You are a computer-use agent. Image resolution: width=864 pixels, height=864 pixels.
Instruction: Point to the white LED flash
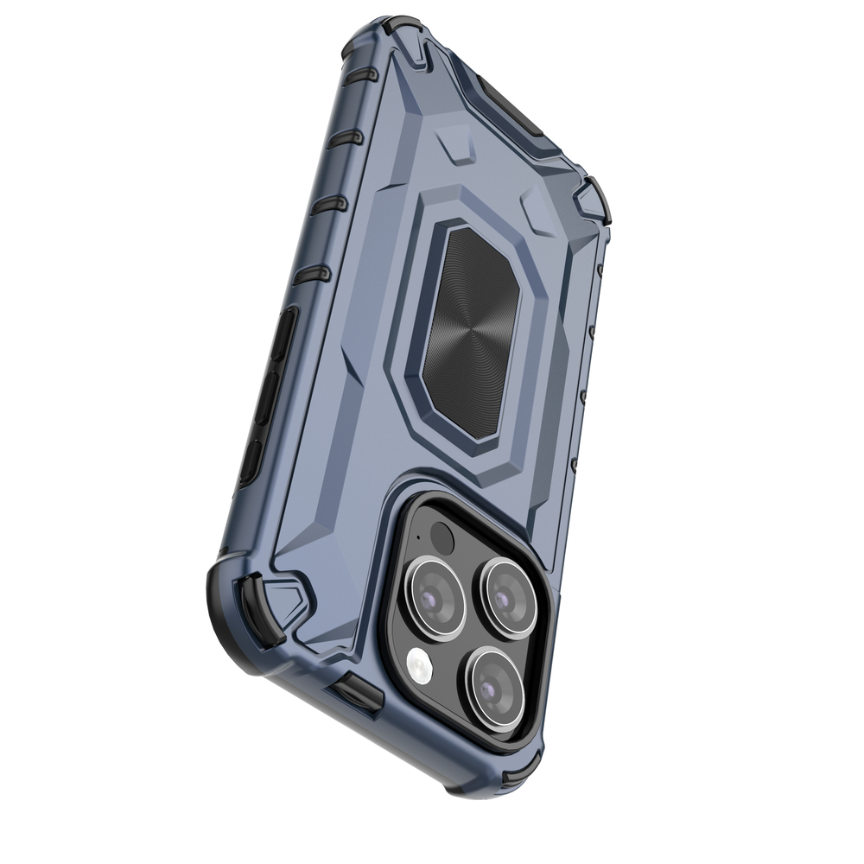click(419, 665)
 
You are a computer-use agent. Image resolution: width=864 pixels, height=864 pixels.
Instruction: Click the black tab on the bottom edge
click(354, 691)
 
